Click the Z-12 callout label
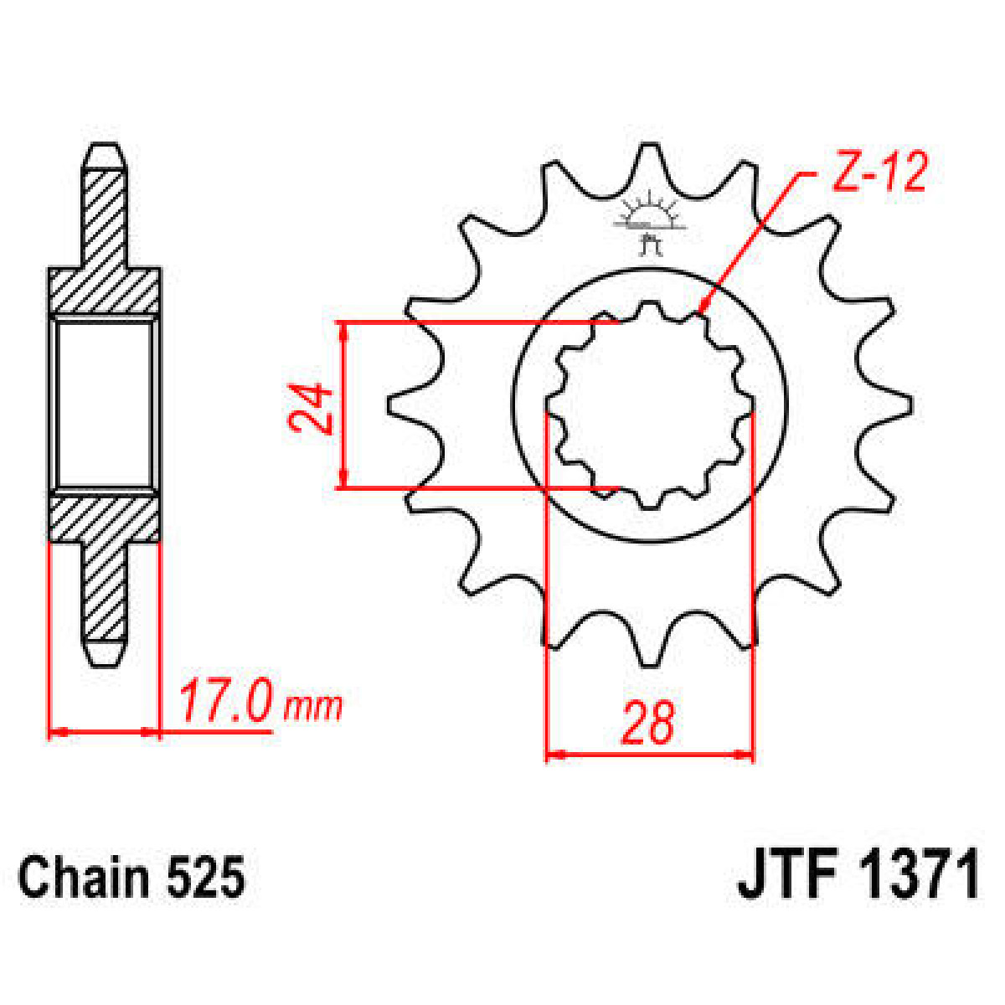(879, 174)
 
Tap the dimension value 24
(311, 409)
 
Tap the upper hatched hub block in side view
(105, 290)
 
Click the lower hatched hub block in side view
(105, 519)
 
